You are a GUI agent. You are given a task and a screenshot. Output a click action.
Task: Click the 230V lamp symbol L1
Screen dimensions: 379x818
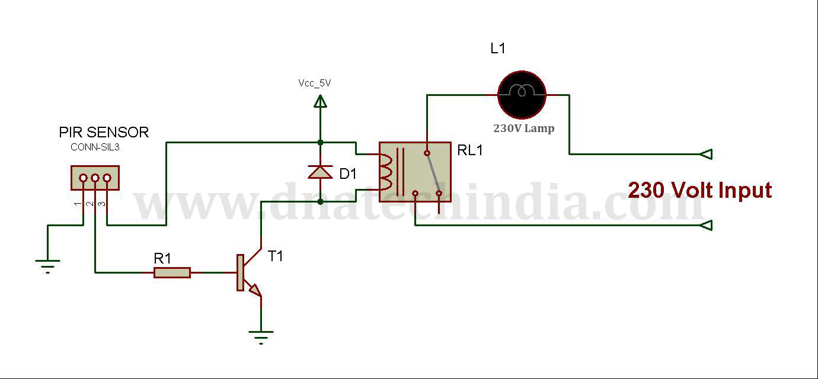click(522, 95)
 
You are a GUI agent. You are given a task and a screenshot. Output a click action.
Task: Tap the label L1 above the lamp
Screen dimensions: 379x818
click(498, 49)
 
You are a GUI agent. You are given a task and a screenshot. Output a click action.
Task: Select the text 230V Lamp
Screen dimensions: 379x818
click(524, 128)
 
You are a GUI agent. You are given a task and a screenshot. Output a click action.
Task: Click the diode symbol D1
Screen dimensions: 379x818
click(320, 172)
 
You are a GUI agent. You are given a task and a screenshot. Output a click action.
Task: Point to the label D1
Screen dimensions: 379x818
click(349, 174)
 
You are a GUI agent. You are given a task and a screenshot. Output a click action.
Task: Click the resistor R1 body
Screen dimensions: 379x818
click(172, 272)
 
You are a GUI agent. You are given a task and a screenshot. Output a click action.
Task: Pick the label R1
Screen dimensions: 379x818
click(162, 258)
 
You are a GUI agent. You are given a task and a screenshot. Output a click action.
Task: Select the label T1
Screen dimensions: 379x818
click(276, 256)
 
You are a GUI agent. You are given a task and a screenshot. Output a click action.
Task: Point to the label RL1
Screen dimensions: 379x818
click(470, 150)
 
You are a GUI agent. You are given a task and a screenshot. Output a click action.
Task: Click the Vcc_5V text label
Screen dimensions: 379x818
click(315, 83)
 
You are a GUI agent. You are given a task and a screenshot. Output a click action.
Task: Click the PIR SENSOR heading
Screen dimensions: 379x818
click(104, 132)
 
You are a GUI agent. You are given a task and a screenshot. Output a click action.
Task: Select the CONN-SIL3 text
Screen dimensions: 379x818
click(95, 147)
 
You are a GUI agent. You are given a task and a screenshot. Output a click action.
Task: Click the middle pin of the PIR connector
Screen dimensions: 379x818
click(95, 178)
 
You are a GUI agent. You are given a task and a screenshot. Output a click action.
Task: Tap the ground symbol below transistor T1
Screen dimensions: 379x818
click(261, 336)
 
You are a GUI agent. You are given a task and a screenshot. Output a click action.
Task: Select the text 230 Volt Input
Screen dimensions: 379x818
click(699, 190)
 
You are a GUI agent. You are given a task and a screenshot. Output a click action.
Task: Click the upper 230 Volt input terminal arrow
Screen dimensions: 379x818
click(705, 154)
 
